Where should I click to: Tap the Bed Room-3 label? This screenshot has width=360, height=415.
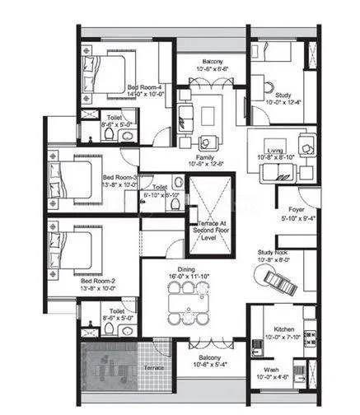(119, 177)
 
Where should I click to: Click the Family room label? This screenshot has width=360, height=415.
(205, 156)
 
